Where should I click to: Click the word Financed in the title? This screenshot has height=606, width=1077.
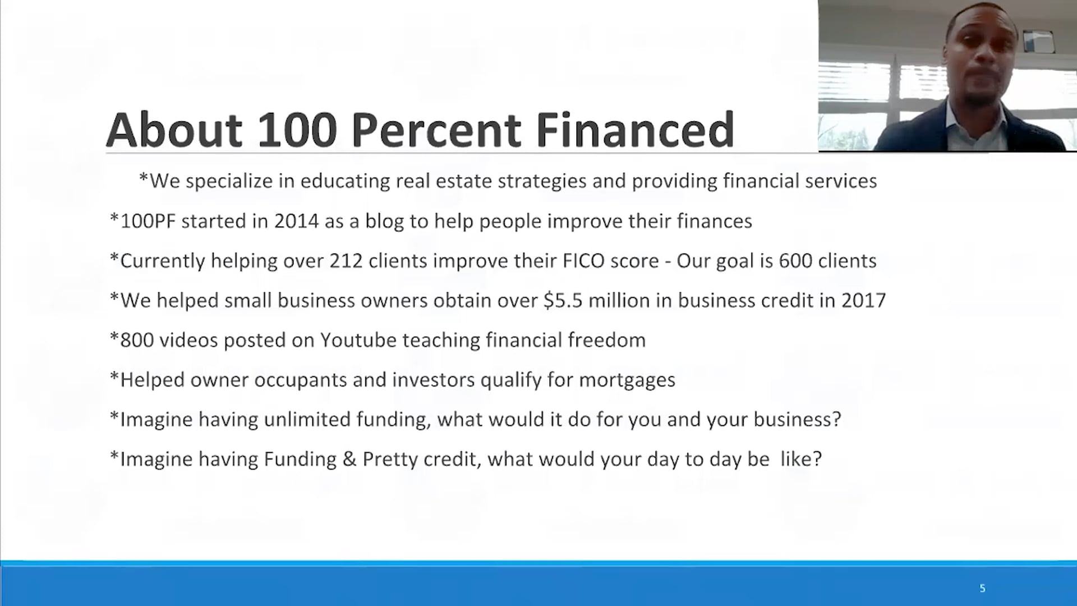pos(634,130)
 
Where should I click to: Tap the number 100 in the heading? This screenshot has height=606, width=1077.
pos(297,130)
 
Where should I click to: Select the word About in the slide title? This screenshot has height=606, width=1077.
pos(174,130)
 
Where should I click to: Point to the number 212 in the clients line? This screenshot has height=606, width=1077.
pos(346,261)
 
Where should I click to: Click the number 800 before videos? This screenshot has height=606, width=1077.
pos(137,341)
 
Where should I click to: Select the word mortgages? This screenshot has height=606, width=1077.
pos(627,380)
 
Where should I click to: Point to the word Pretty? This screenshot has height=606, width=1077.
pos(390,460)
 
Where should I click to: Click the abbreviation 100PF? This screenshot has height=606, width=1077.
pos(148,221)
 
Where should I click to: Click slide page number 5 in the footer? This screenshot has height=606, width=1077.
pos(982,589)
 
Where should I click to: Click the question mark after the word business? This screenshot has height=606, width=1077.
pos(836,420)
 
